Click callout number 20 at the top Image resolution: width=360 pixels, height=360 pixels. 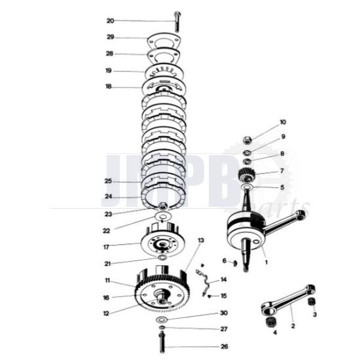pos(110,20)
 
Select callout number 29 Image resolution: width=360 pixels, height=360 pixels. pos(110,37)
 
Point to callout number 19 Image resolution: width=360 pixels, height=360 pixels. pos(109,71)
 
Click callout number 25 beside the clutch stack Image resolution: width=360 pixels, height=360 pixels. pos(109,181)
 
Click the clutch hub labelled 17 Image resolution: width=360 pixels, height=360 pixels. pos(160,243)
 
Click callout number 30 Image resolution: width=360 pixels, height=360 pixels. pos(224,313)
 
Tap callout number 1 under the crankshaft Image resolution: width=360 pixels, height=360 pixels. pos(266,262)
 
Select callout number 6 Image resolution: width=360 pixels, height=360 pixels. pos(224,261)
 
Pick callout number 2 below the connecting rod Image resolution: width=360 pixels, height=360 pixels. pos(293,325)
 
